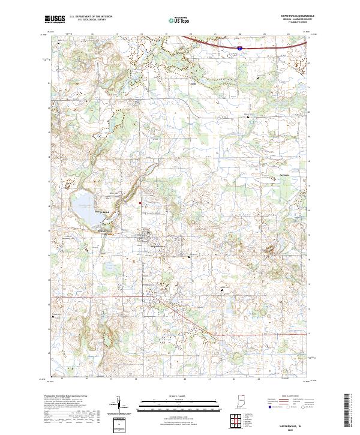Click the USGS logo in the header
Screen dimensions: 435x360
pos(55,20)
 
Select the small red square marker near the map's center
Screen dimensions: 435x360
pos(141,203)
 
